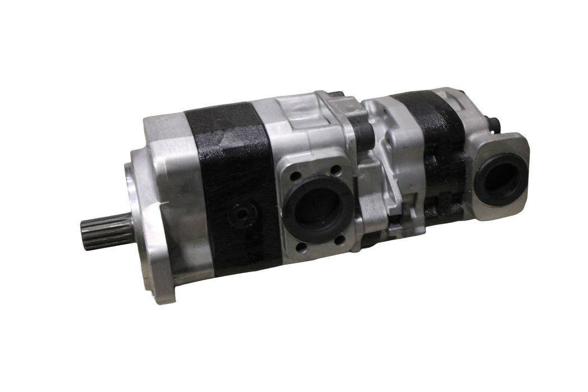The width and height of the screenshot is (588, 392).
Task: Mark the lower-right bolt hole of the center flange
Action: point(340,240)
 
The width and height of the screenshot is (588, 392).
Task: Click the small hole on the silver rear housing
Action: point(388,143)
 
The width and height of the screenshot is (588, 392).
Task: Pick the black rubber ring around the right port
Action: point(482,185)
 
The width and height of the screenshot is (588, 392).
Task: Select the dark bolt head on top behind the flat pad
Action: point(336,95)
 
